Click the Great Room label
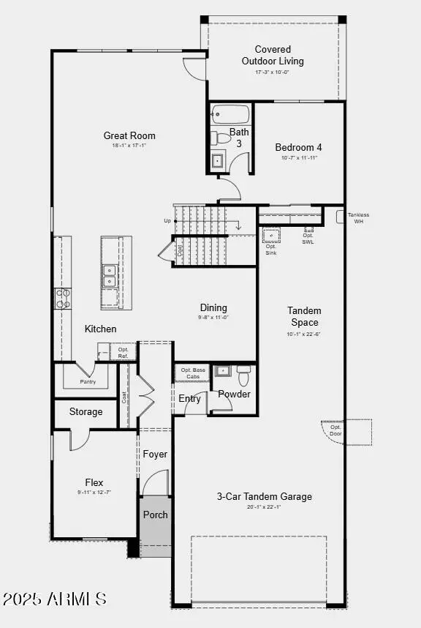click(129, 135)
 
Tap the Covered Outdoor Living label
click(273, 56)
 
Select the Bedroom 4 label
click(298, 147)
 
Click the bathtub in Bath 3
click(231, 115)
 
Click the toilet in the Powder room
click(243, 376)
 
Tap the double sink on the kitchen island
click(109, 275)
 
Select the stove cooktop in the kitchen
click(63, 297)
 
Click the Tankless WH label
click(358, 217)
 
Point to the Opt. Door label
click(335, 430)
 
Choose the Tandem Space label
click(304, 316)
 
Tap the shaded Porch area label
click(155, 515)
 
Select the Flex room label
click(94, 482)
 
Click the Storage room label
click(86, 412)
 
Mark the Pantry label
click(88, 381)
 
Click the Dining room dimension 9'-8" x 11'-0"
click(213, 318)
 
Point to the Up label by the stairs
click(167, 220)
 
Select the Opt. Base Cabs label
click(193, 373)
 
